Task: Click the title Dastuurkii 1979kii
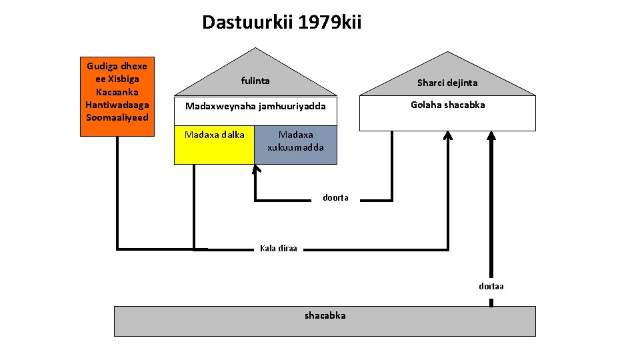[282, 23]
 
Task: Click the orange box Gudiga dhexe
[117, 96]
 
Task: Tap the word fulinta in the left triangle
[255, 81]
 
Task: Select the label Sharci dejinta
[447, 83]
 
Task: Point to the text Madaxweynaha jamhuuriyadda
[255, 107]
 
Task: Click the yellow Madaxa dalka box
[214, 145]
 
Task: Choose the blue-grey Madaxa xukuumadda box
[295, 145]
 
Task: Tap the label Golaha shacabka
[447, 105]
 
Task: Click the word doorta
[335, 198]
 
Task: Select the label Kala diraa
[279, 249]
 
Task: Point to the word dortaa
[491, 286]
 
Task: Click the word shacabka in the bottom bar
[325, 315]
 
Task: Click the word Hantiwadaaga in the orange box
[117, 105]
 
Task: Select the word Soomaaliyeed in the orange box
[117, 118]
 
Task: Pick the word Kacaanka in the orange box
[117, 91]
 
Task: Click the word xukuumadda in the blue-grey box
[295, 147]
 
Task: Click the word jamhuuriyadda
[294, 107]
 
